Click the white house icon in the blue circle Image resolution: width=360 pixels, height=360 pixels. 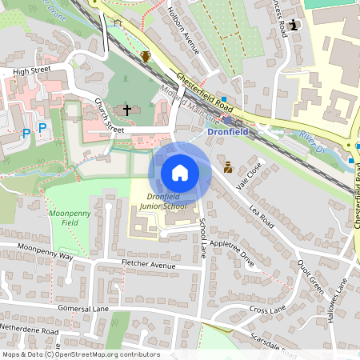click(x=180, y=172)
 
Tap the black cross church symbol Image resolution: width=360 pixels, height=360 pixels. click(x=126, y=108)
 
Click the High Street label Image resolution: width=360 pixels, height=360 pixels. click(x=32, y=70)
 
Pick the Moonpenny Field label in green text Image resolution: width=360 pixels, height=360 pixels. click(x=70, y=219)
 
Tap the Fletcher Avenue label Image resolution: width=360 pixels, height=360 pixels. click(x=148, y=264)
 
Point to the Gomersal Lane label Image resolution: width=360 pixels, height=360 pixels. click(x=82, y=307)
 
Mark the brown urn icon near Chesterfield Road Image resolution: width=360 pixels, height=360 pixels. click(x=146, y=56)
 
